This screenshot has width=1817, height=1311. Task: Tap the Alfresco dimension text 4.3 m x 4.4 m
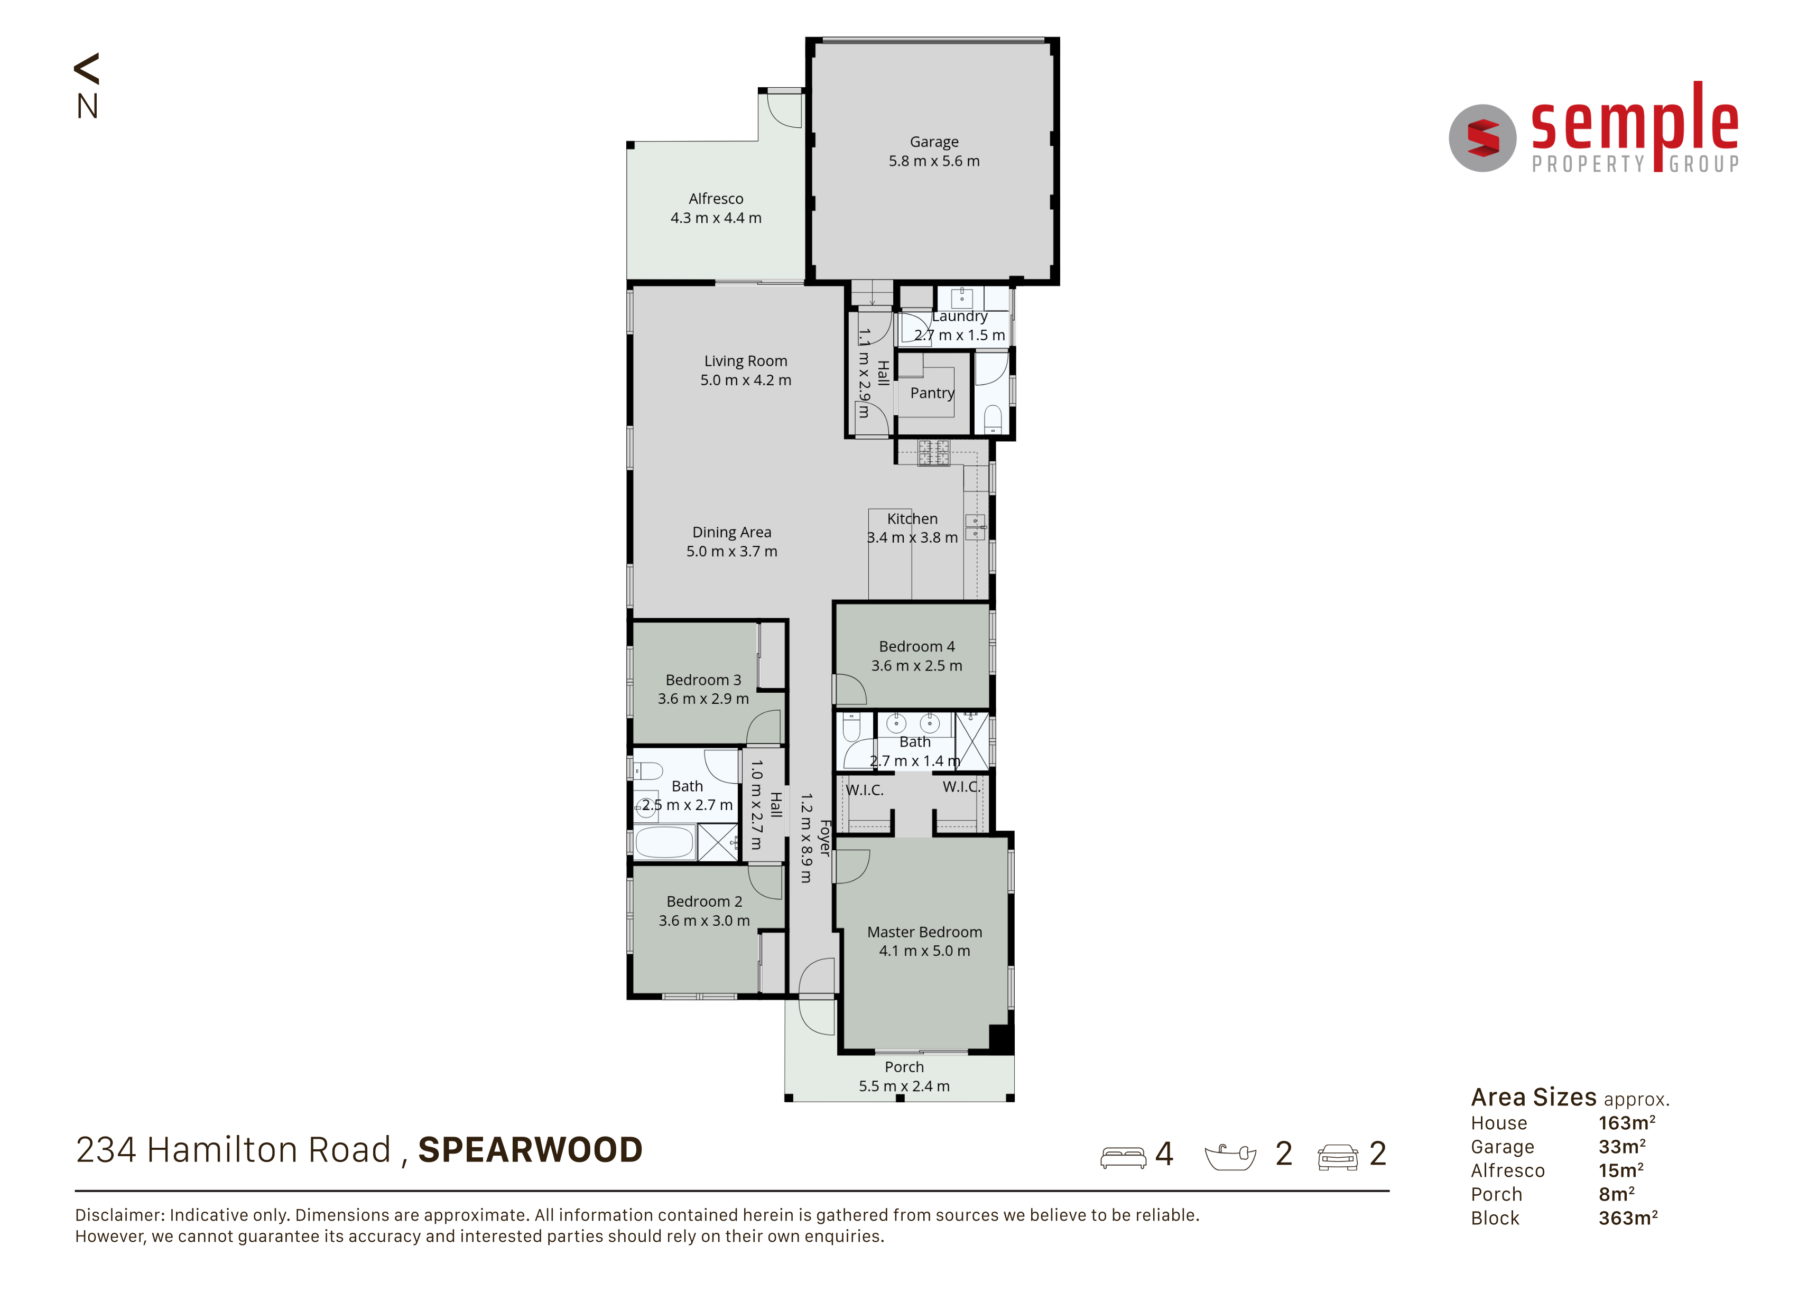click(x=716, y=218)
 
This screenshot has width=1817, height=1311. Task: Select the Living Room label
click(x=745, y=361)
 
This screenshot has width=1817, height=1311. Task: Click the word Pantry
click(x=932, y=393)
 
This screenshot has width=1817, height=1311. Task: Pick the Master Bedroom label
click(x=924, y=932)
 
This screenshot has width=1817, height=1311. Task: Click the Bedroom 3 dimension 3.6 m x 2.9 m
click(x=703, y=699)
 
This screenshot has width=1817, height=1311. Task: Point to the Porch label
click(x=904, y=1067)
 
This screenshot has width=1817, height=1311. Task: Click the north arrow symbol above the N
click(x=87, y=69)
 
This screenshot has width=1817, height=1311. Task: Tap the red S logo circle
click(x=1482, y=138)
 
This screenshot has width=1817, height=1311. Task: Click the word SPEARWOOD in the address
click(x=531, y=1150)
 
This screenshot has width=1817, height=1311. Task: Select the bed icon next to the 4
click(x=1123, y=1157)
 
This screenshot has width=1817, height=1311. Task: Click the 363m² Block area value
click(x=1628, y=1217)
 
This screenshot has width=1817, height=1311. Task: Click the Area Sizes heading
click(x=1533, y=1096)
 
